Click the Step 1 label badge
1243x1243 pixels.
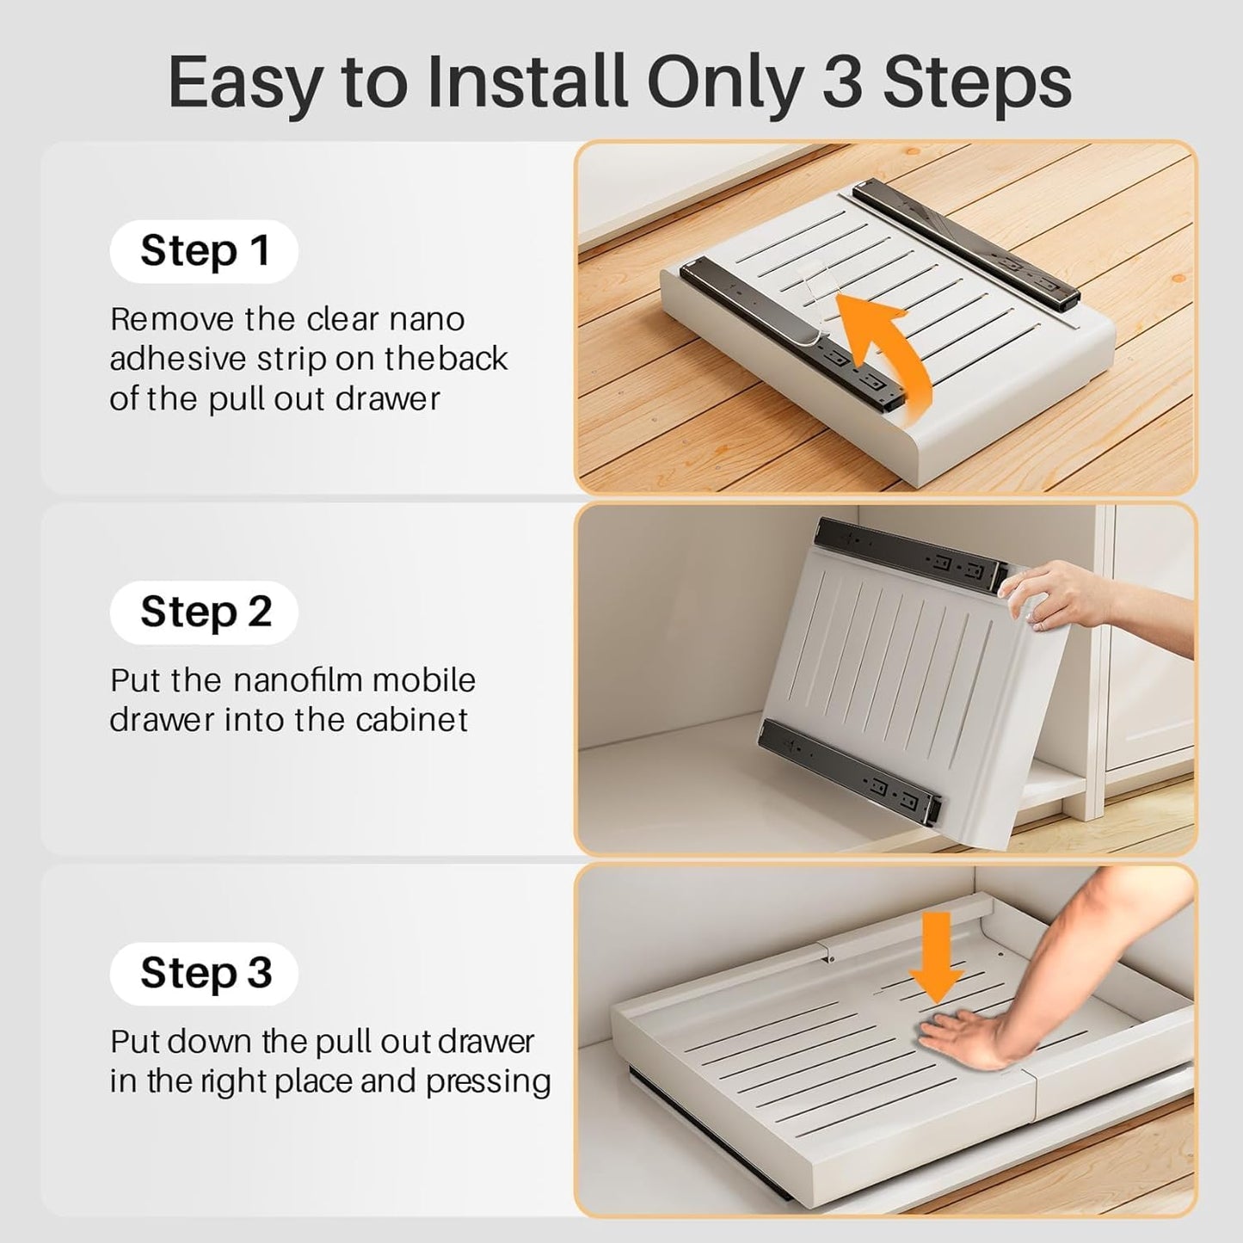click(204, 251)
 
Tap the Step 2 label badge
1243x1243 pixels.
click(204, 612)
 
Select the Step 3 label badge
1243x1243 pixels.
click(204, 974)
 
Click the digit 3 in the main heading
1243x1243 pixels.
click(842, 83)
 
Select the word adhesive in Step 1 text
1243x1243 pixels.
click(178, 359)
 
